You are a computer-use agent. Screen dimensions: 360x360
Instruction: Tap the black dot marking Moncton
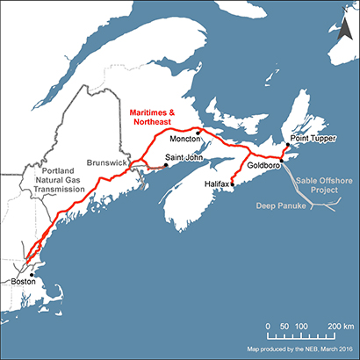pos(199,133)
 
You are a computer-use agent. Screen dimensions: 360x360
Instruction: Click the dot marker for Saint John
pos(165,164)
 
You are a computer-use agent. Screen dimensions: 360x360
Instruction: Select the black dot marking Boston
pos(32,274)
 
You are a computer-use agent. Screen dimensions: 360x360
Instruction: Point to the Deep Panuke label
pos(278,205)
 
